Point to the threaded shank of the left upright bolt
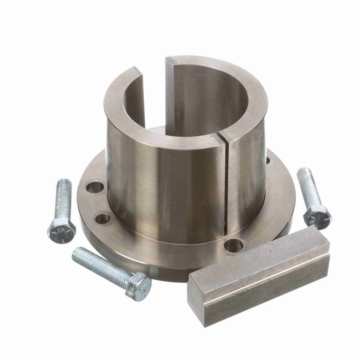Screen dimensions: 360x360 [63, 198]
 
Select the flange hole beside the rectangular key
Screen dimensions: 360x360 [234, 246]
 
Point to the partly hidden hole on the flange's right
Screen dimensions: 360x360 [268, 161]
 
